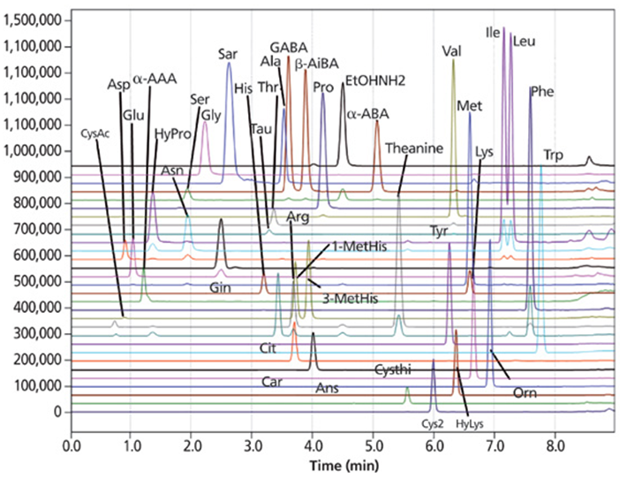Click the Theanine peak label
pos(413,148)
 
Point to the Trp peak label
pos(553,156)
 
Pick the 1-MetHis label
pos(359,246)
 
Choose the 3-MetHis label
pos(351,299)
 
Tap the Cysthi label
pos(393,367)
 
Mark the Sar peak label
pos(228,53)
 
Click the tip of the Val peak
pos(453,60)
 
